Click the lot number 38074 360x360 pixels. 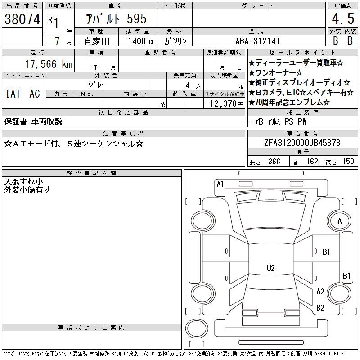pyautogui.click(x=22, y=19)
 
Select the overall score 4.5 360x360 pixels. pyautogui.click(x=343, y=18)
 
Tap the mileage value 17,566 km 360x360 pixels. pyautogui.click(x=49, y=64)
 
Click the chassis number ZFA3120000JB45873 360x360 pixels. pyautogui.click(x=302, y=143)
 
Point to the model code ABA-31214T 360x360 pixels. pyautogui.click(x=257, y=41)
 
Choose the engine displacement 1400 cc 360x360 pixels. pyautogui.click(x=141, y=41)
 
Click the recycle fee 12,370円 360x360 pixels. pyautogui.click(x=227, y=104)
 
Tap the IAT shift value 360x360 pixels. pyautogui.click(x=13, y=94)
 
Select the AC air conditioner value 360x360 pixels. pyautogui.click(x=35, y=94)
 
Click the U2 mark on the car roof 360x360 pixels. pyautogui.click(x=271, y=268)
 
